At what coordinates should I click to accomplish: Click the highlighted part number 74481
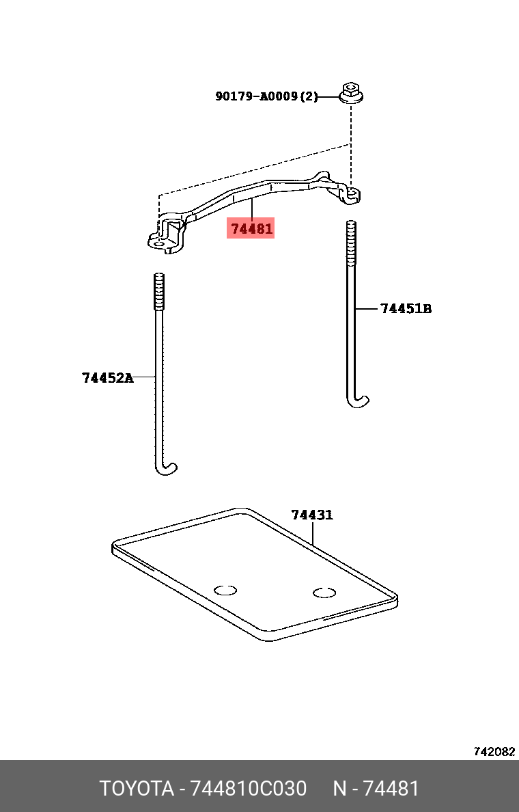click(251, 228)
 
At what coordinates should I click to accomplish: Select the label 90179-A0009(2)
click(266, 96)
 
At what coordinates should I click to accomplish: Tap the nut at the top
click(351, 93)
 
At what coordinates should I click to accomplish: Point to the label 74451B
click(406, 309)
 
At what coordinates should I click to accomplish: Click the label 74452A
click(108, 378)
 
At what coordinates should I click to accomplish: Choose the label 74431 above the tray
click(312, 515)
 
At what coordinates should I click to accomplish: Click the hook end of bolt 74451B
click(358, 401)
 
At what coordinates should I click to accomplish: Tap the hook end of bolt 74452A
click(166, 468)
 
